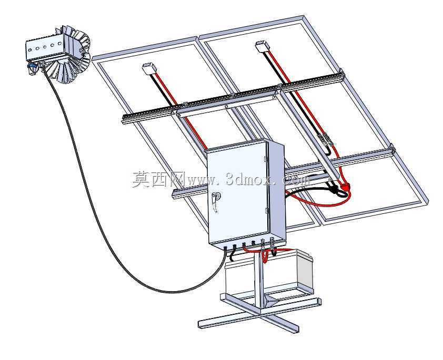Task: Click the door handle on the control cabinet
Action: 216,200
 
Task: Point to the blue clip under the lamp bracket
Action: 32,66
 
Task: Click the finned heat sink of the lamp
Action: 74,55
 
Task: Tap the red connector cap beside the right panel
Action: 345,187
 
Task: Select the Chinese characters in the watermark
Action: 158,180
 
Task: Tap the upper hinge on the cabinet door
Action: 265,159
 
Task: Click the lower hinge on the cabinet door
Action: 266,211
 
